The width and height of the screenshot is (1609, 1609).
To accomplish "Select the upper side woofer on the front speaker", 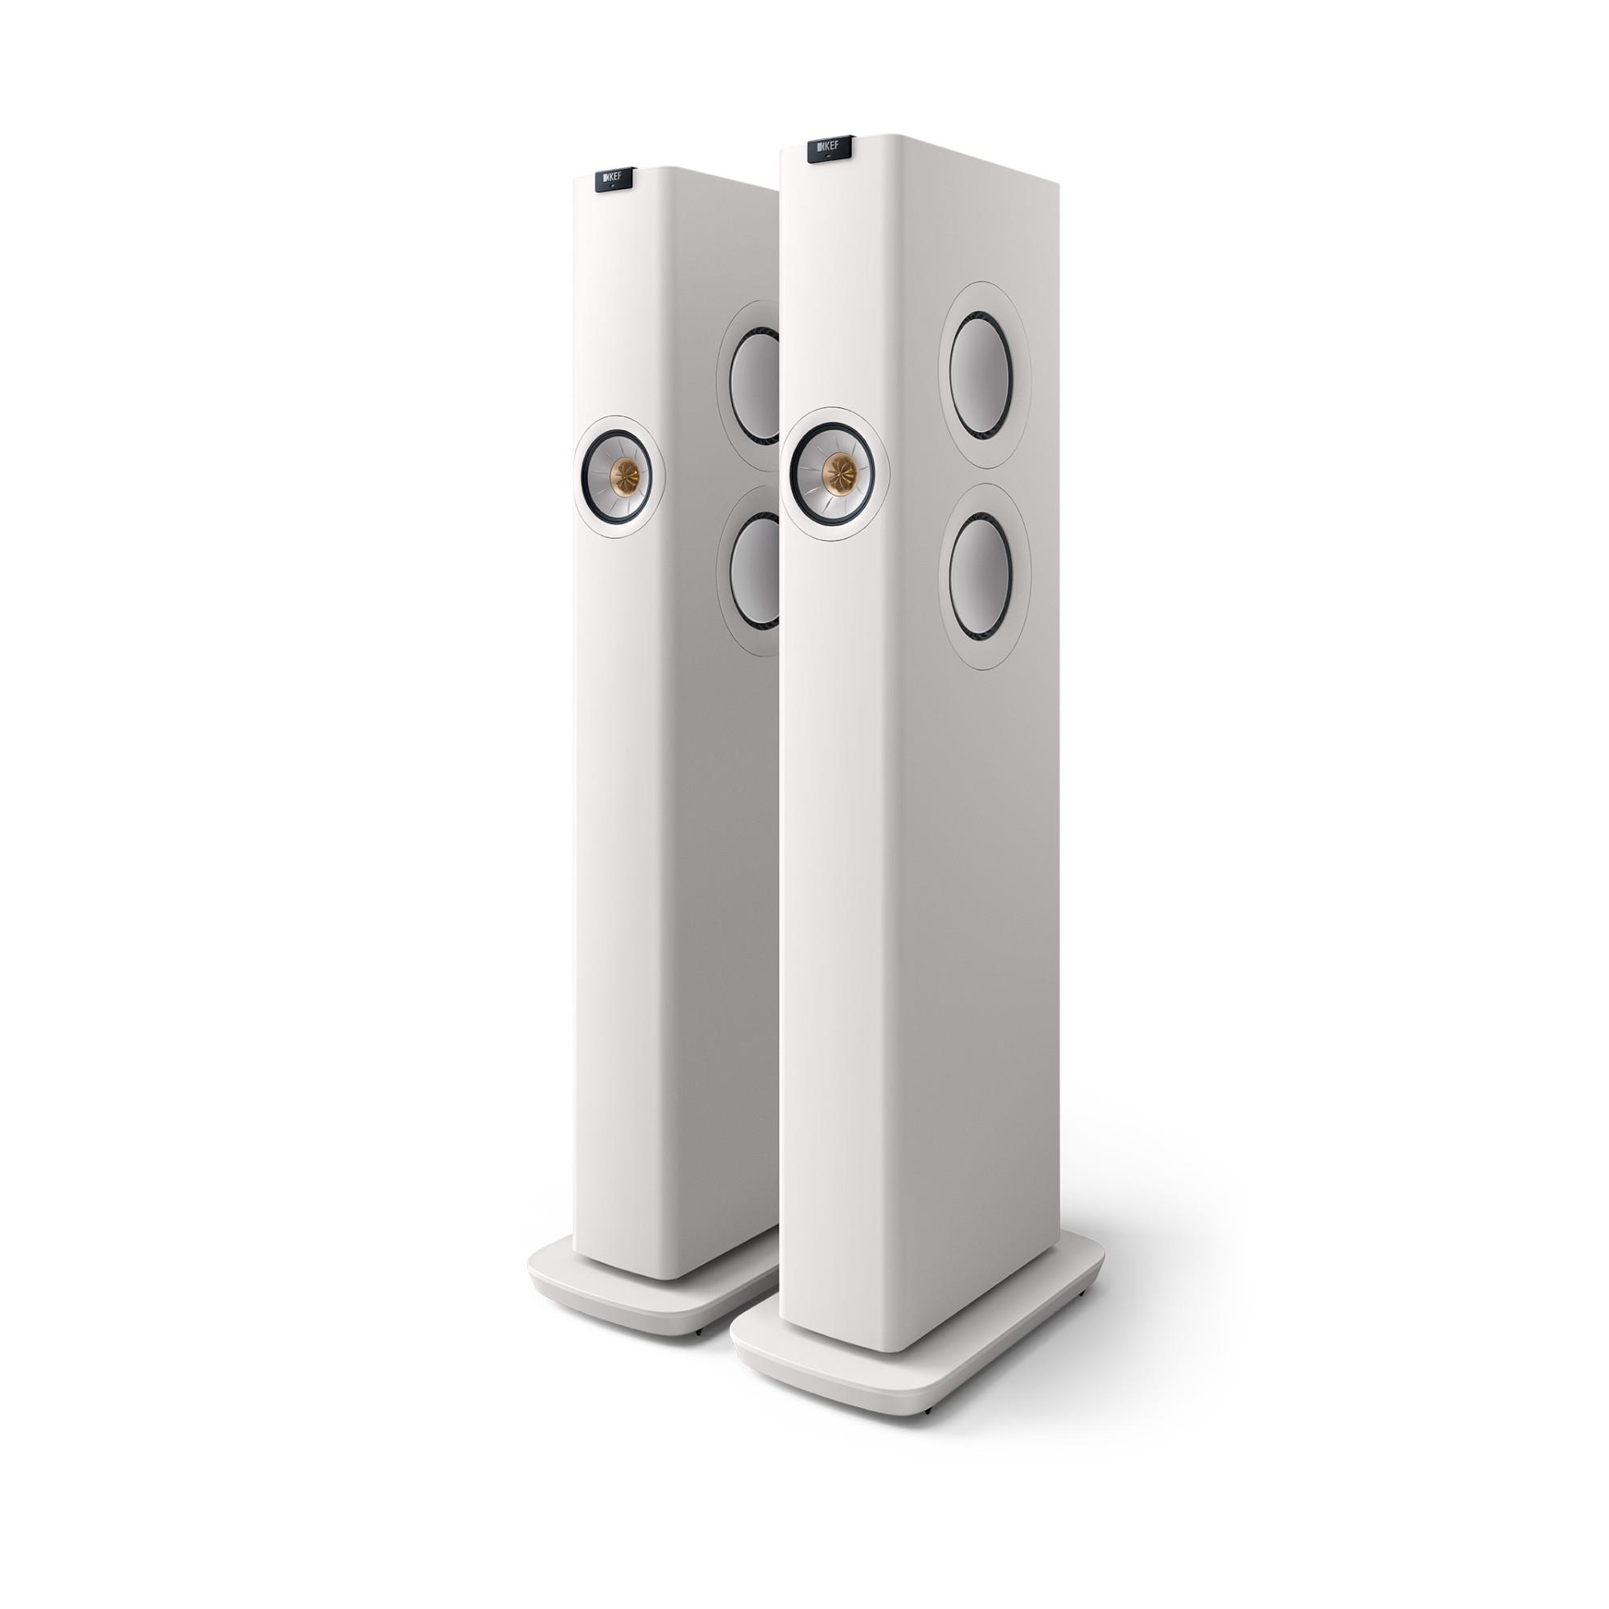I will point(984,375).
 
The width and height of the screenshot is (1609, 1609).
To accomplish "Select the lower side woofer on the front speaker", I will point(984,561).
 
